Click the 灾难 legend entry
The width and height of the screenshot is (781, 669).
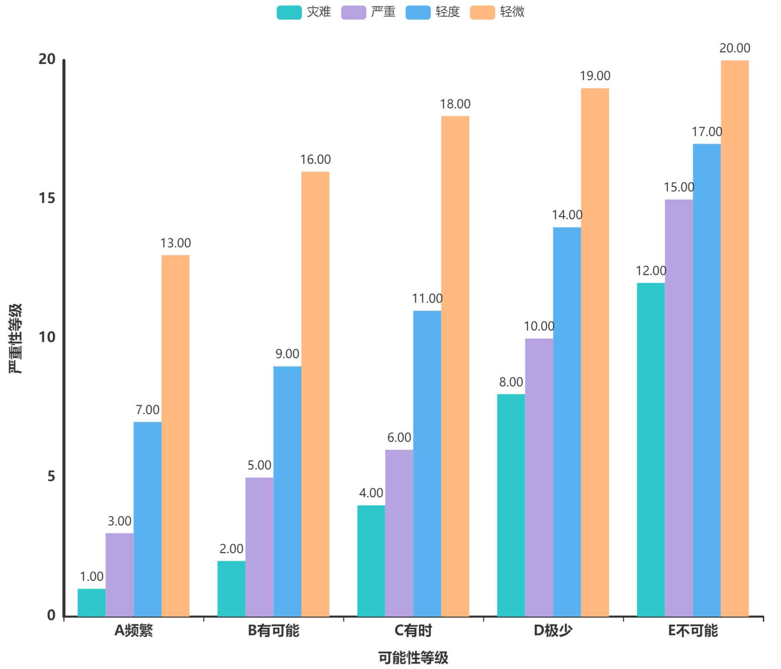click(304, 12)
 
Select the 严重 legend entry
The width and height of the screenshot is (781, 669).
click(368, 12)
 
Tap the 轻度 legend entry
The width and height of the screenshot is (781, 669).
click(433, 12)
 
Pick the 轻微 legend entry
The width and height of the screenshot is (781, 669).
click(497, 12)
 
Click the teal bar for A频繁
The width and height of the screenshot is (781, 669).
click(91, 602)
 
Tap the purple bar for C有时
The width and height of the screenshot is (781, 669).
click(399, 533)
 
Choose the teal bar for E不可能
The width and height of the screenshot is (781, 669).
click(650, 449)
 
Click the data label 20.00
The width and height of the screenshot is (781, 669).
click(735, 48)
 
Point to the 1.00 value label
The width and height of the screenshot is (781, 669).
click(91, 577)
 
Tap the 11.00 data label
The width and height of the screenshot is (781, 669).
click(427, 298)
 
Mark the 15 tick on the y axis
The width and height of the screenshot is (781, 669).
click(47, 198)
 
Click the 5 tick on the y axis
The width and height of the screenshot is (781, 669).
click(52, 476)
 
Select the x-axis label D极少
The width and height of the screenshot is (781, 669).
click(553, 630)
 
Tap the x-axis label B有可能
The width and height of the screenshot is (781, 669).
click(274, 630)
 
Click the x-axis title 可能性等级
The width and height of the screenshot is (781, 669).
click(413, 658)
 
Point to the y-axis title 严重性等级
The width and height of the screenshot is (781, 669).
click(15, 339)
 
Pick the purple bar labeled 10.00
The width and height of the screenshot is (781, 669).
click(539, 477)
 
